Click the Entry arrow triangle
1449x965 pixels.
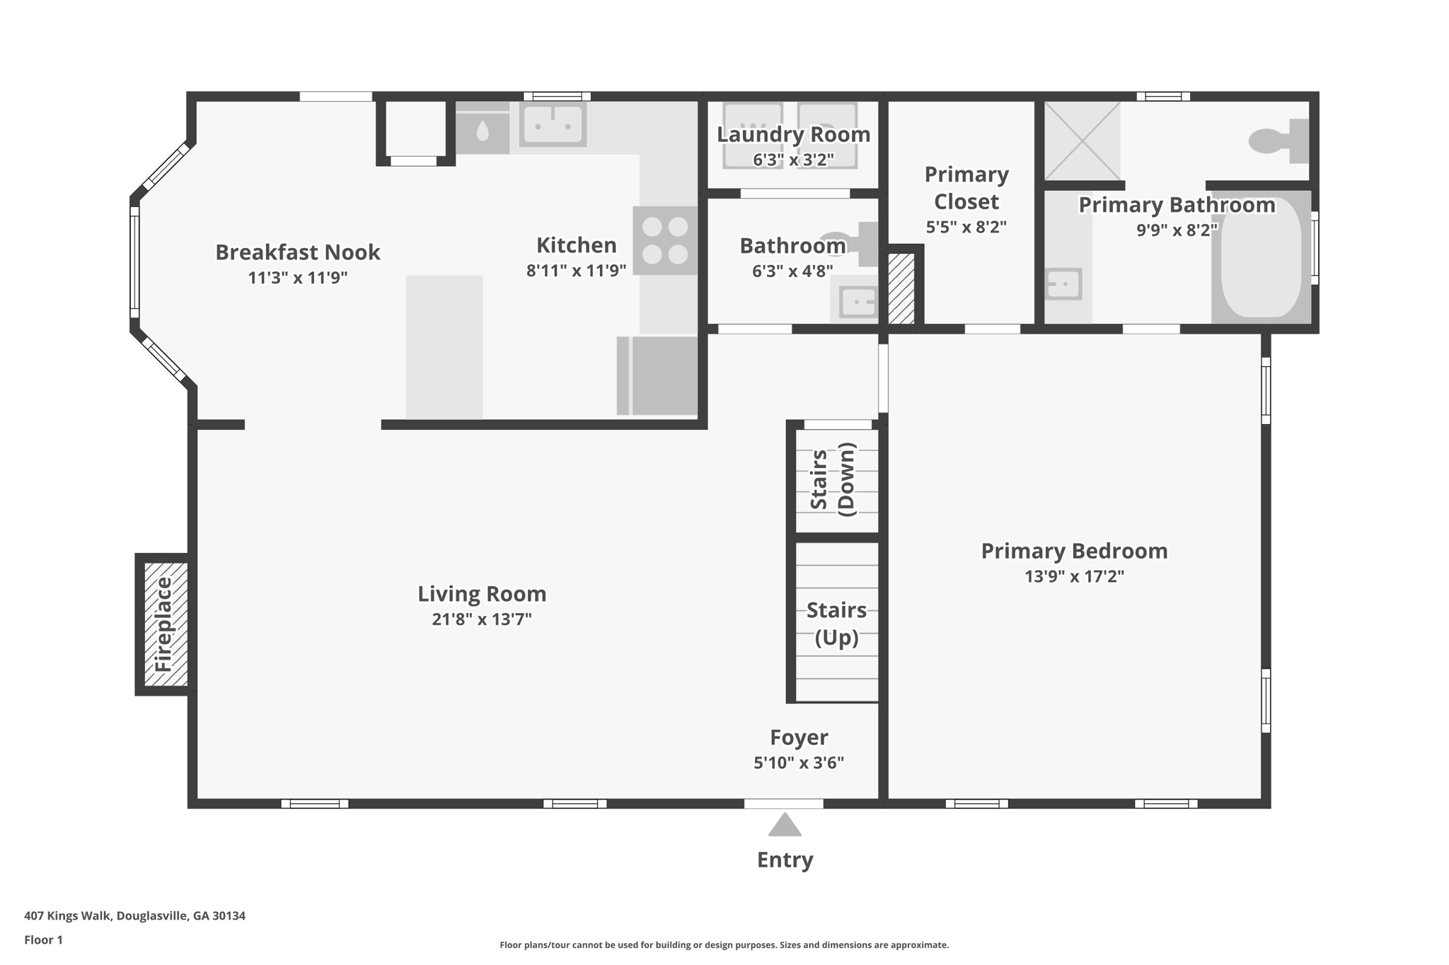pos(784,826)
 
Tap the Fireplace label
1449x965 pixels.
pos(163,624)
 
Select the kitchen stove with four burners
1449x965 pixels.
pos(664,240)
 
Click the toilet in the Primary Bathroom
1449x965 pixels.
pos(1277,141)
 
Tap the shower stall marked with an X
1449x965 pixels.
pos(1082,141)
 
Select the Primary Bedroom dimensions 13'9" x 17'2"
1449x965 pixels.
pos(1074,577)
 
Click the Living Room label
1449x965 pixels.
pos(482,594)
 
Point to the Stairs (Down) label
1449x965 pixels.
pos(833,479)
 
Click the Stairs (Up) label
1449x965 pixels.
pos(836,623)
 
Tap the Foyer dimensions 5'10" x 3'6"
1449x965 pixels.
pos(799,763)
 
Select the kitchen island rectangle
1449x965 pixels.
pos(444,346)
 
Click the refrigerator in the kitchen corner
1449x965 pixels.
pos(664,375)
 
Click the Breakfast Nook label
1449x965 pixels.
pos(297,252)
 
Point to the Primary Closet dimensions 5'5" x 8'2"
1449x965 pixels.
pos(966,228)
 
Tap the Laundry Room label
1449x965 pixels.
pos(793,134)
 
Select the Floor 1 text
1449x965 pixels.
pos(43,940)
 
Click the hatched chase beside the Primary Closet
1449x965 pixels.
pos(901,288)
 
